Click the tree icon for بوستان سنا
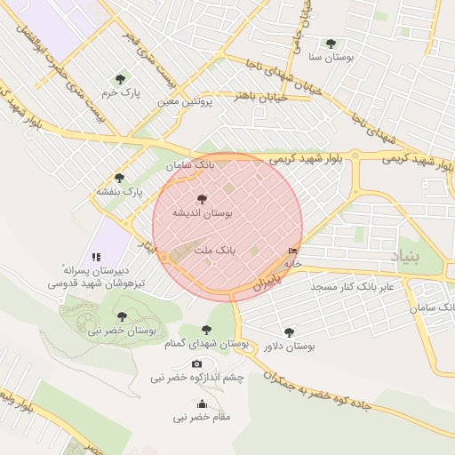click(331, 44)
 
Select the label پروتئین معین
click(187, 103)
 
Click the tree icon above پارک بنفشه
click(119, 179)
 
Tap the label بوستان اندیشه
click(202, 214)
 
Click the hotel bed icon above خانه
click(293, 251)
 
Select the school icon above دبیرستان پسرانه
click(96, 257)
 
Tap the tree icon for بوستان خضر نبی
click(122, 316)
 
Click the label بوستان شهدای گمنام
click(209, 343)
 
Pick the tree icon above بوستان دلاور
click(290, 332)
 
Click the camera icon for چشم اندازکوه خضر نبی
click(196, 363)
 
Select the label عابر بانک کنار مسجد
click(351, 288)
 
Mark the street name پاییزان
click(266, 282)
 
